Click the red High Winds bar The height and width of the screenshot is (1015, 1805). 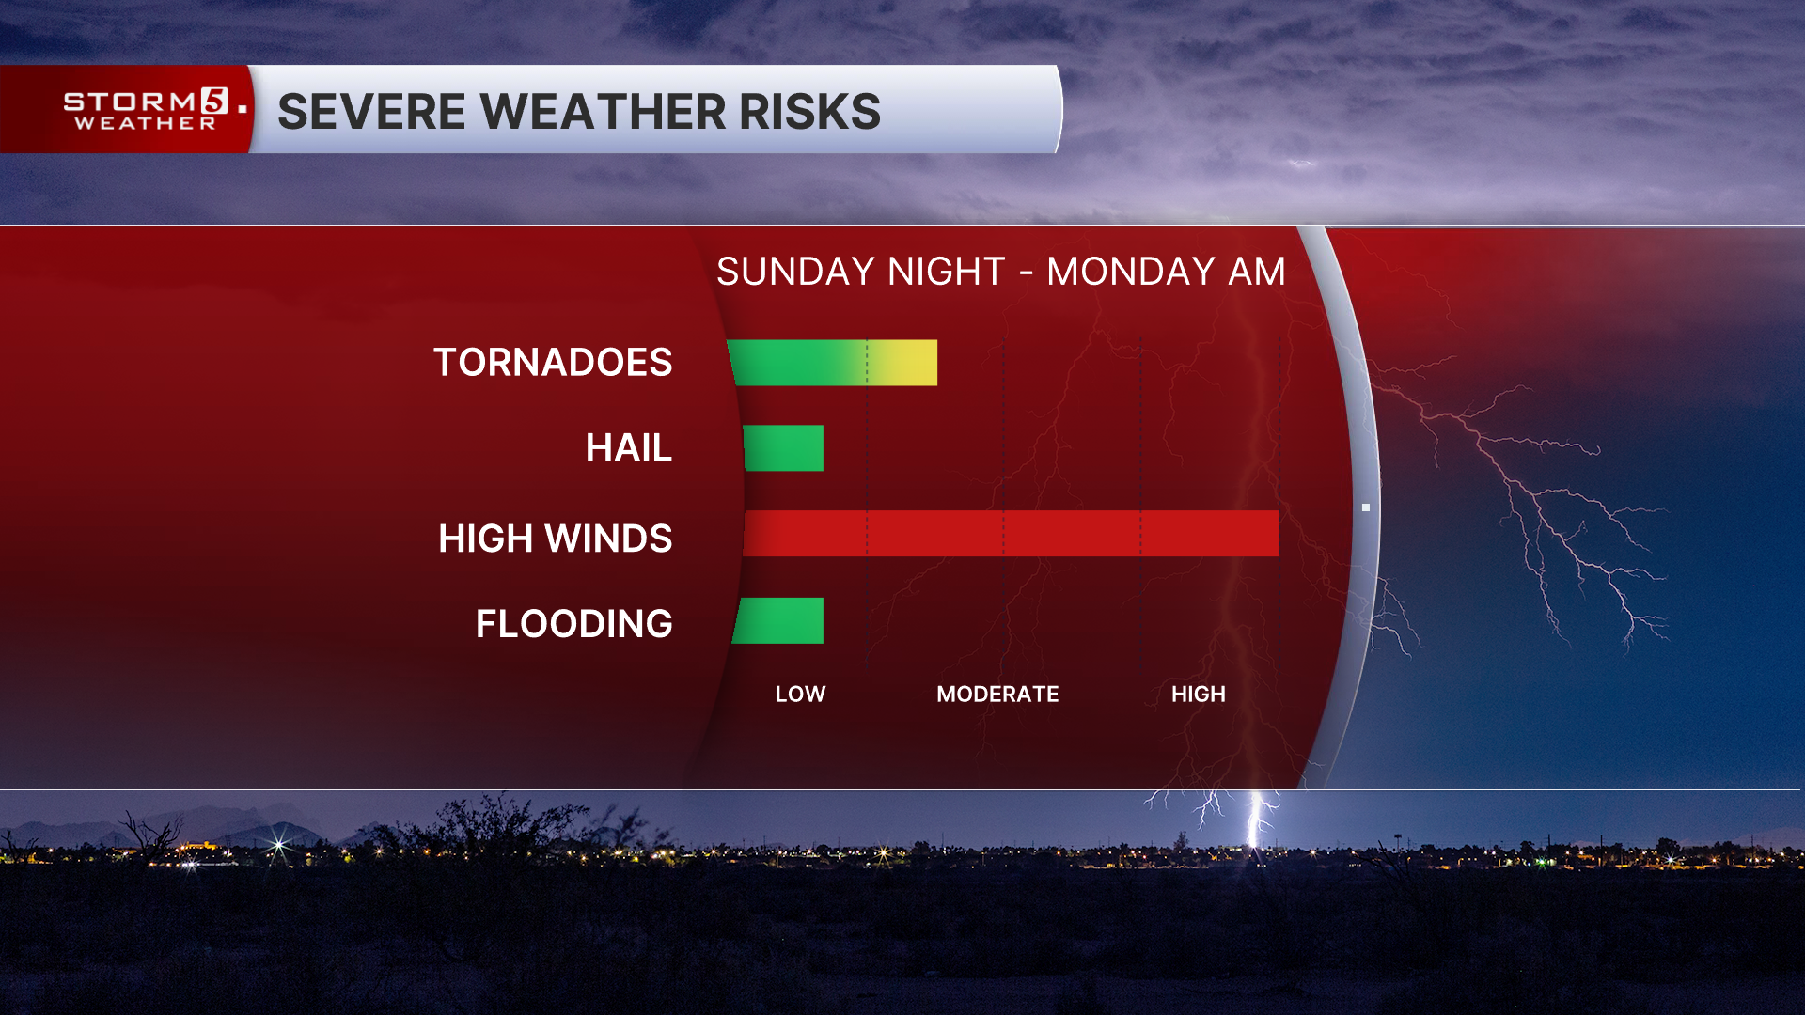(1011, 533)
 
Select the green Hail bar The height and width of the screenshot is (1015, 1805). (783, 447)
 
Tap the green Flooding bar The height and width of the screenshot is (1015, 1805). (778, 620)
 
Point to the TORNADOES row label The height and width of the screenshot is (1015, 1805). (553, 363)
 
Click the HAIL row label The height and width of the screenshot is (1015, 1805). (629, 447)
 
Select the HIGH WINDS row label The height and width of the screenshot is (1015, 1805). (556, 539)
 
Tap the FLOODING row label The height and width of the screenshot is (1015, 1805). (574, 624)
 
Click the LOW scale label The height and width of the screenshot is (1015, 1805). (800, 695)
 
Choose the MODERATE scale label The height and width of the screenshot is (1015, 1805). (997, 695)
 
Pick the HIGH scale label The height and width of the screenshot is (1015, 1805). (1199, 695)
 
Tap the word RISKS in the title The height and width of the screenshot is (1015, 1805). (809, 111)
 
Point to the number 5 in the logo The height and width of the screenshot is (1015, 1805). (214, 101)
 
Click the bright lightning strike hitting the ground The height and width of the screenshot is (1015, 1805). (1254, 820)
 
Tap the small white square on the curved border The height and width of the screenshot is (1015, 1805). (1366, 507)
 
